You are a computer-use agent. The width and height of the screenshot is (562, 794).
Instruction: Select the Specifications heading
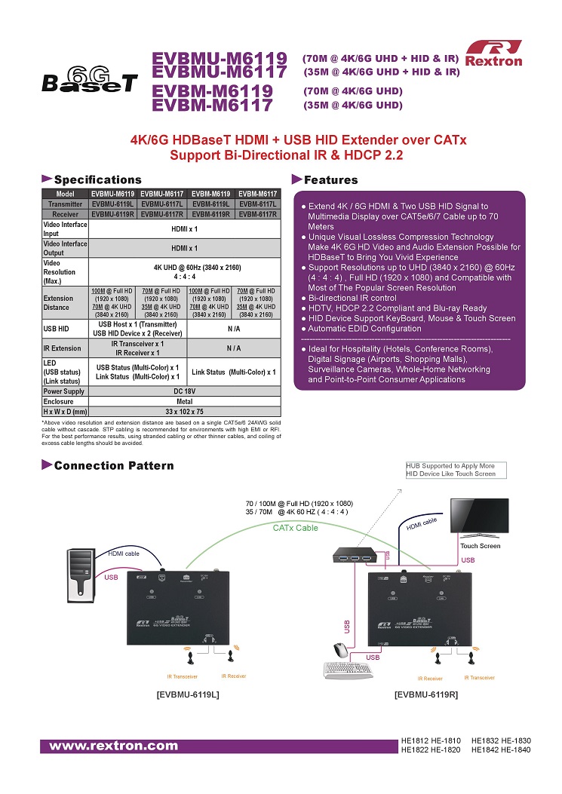[x=97, y=179]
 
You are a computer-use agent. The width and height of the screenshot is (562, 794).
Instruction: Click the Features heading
[x=330, y=179]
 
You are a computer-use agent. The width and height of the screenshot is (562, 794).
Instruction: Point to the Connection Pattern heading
[x=113, y=465]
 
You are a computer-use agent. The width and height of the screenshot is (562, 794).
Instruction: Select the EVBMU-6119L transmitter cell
[x=113, y=204]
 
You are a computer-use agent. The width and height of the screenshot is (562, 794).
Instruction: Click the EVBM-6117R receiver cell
[x=258, y=214]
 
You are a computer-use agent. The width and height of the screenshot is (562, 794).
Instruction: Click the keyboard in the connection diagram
[x=346, y=670]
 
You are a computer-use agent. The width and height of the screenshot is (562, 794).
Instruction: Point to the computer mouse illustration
[x=340, y=648]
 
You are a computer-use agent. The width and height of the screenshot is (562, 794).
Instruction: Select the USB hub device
[x=355, y=559]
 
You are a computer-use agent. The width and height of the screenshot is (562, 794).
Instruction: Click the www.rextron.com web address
[x=113, y=746]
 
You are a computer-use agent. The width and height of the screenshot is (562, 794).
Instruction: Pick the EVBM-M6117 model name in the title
[x=212, y=105]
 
